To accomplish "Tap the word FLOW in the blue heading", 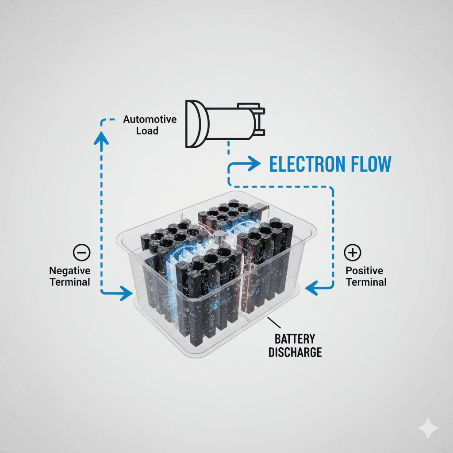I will coord(371,164).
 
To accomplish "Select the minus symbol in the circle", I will coord(81,253).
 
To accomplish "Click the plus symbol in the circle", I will coord(353,253).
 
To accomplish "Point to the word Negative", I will coord(70,271).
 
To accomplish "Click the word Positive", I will coord(365,271).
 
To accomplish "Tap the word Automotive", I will coord(150,119).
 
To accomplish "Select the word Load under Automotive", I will coord(147,131).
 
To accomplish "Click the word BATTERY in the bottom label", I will coord(295,339).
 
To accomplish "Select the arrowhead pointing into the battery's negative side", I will coord(126,292).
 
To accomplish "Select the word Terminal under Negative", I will coord(70,282).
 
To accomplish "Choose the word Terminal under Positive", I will coord(366,282).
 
